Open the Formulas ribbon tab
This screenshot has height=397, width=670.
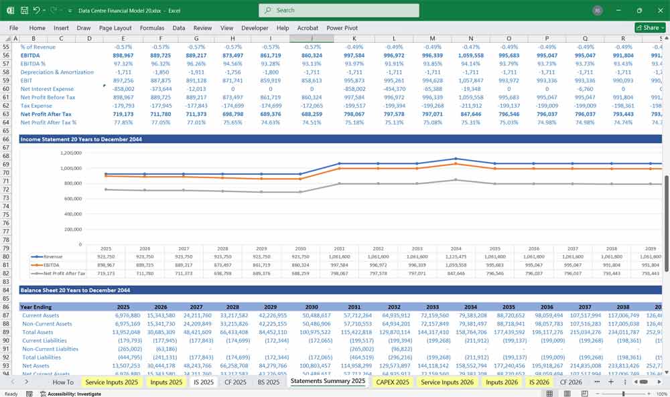(151, 28)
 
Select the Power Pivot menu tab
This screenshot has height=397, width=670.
(342, 28)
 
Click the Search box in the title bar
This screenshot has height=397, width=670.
(339, 10)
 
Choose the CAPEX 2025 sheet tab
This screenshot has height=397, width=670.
(393, 382)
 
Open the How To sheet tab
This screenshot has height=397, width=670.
(63, 382)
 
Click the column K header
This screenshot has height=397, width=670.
(354, 38)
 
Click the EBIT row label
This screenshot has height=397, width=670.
(27, 80)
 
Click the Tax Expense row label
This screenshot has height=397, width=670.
(37, 106)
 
